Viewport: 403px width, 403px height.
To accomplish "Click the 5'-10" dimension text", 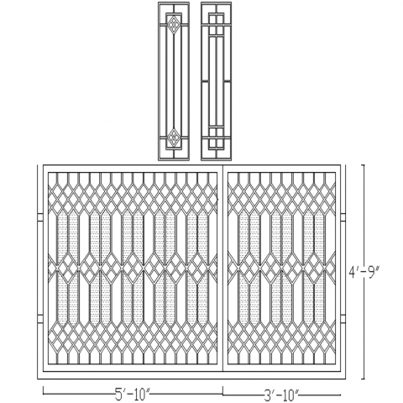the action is click(133, 395).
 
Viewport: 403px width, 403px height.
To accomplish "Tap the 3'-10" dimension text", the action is click(281, 395).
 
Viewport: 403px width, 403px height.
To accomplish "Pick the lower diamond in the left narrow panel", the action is click(174, 138).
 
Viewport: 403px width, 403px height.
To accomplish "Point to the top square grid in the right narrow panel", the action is click(217, 24).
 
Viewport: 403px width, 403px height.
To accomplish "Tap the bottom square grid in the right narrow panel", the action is click(217, 137).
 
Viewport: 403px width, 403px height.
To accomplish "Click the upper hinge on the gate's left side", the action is click(40, 217).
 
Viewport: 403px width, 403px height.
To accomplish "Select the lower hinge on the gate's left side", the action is click(40, 318).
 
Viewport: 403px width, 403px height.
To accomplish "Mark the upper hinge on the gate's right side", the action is click(343, 217).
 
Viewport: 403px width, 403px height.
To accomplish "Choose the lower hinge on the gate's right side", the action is click(343, 318).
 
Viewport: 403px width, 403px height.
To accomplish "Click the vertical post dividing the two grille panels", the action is click(222, 269).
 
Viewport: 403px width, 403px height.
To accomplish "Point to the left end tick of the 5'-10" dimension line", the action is click(43, 391).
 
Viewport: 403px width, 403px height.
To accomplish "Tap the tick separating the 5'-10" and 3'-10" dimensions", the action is click(222, 391).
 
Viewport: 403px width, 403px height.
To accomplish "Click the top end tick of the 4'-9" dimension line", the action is click(364, 165).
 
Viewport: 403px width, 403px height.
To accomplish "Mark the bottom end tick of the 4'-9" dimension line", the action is click(364, 379).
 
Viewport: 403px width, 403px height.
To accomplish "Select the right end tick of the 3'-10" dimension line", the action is click(341, 395).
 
